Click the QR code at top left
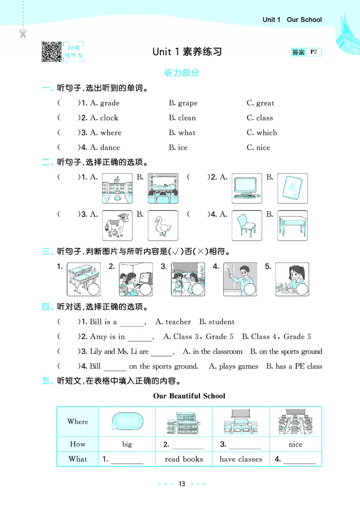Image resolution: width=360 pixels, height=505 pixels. click(51, 52)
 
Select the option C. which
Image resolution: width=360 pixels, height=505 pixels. click(262, 133)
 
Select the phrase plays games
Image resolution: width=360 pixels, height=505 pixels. click(238, 366)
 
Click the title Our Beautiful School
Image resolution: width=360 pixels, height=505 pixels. click(189, 396)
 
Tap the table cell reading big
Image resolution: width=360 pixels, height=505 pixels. click(127, 444)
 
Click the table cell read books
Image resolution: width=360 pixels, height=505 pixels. click(184, 459)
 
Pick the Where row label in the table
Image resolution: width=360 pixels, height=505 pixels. click(78, 422)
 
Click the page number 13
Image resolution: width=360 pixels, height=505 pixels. click(182, 484)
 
